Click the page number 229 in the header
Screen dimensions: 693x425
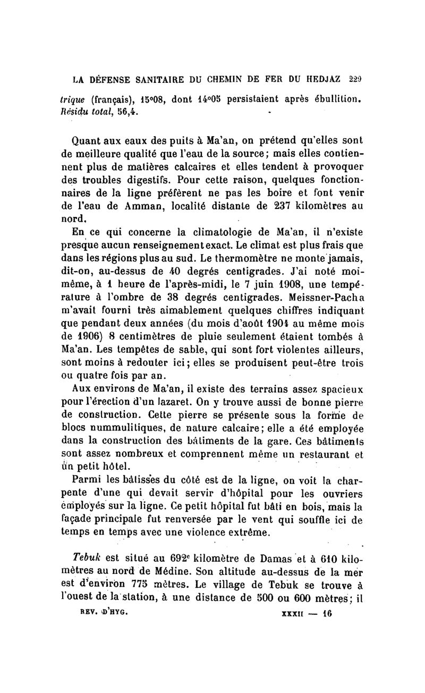pyautogui.click(x=355, y=80)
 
